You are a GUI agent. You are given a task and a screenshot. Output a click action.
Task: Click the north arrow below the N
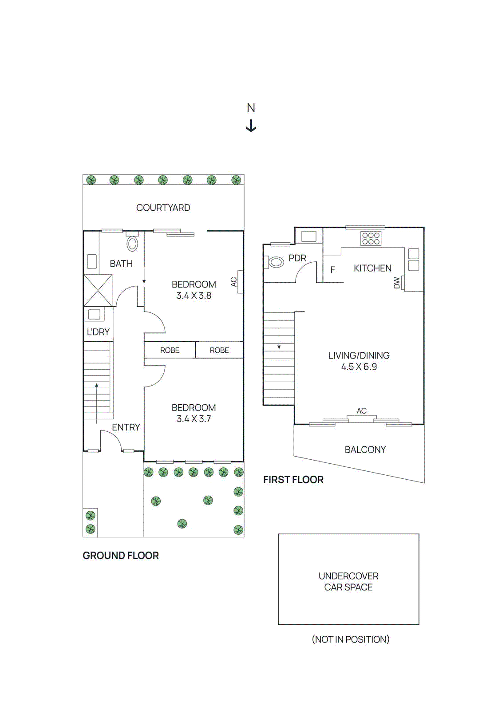coord(251,126)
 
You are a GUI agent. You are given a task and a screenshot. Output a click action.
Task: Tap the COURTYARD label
coord(163,208)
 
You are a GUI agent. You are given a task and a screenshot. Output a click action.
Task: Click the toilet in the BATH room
coord(132,243)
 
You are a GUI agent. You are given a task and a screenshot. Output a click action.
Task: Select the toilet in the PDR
coord(276,262)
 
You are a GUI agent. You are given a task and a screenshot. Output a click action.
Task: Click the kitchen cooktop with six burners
coord(371,239)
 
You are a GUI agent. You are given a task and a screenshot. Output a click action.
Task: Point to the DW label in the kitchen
coord(397,283)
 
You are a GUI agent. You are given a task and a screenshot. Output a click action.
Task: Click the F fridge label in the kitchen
coord(332,270)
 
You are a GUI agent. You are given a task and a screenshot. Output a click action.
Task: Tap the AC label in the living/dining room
coord(361,411)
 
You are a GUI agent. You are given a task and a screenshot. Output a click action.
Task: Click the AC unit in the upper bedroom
coord(240,282)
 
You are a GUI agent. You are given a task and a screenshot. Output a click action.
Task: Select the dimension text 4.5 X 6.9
coord(359,367)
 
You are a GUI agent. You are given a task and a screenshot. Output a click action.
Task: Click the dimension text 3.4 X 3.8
coord(194,296)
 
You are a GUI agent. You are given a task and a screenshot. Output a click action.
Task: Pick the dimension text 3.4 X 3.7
coord(194,419)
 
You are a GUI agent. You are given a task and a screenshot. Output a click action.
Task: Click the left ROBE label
coord(170,350)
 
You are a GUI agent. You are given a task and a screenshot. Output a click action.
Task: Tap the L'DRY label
coord(98,332)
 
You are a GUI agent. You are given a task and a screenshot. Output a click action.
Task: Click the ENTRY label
coord(126,427)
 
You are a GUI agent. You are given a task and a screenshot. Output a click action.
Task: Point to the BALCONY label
coord(365,450)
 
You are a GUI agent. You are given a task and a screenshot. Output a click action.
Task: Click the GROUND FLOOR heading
coord(120,556)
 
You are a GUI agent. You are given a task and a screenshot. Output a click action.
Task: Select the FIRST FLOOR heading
coord(293,480)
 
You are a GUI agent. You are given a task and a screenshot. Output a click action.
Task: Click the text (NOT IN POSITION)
coord(350,639)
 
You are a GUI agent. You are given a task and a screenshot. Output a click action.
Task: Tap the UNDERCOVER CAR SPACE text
coord(348,581)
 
